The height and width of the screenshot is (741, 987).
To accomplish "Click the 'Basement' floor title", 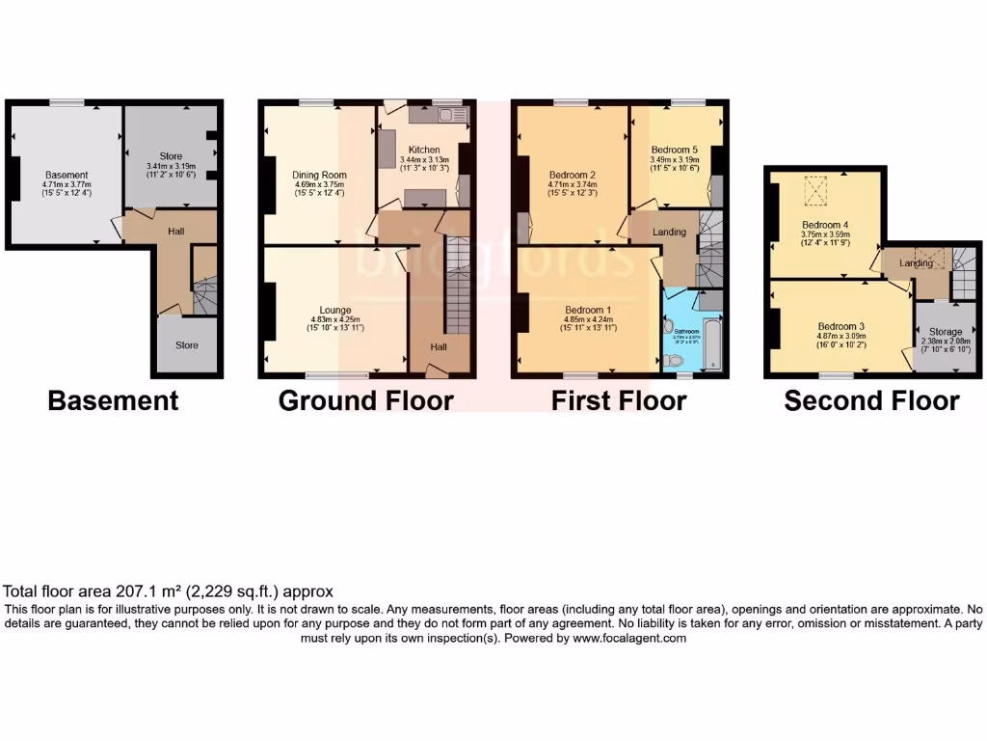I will (x=113, y=400).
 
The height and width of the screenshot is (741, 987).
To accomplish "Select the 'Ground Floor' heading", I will (x=365, y=400).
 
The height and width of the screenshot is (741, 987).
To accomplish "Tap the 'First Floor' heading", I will (x=619, y=400).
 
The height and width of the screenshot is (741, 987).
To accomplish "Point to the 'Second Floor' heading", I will (x=871, y=401).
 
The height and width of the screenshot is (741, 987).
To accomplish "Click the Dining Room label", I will (x=319, y=176).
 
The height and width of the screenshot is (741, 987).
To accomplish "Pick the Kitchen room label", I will (x=424, y=151).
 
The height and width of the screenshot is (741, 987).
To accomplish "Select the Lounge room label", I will (x=333, y=310).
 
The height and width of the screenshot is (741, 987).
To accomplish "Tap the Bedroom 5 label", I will (x=675, y=151).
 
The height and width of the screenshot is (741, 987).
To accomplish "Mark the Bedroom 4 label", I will (x=824, y=226).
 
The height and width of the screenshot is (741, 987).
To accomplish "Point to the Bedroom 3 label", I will (x=841, y=326).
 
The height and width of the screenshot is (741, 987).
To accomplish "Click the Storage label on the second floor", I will (x=946, y=332).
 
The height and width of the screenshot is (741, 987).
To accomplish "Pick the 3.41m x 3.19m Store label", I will (x=171, y=156).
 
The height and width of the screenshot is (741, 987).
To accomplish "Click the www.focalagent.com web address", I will (x=629, y=638).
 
